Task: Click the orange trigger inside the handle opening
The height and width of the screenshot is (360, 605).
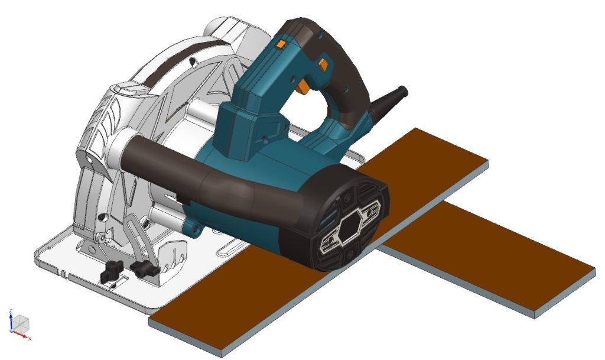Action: coord(303,87)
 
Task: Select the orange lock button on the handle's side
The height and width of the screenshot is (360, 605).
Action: coord(323,62)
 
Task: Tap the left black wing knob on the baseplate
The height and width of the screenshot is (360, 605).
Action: coord(112,271)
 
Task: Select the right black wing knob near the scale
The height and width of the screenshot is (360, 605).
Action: coord(145,269)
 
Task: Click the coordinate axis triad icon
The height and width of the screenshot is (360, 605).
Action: coord(21,325)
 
